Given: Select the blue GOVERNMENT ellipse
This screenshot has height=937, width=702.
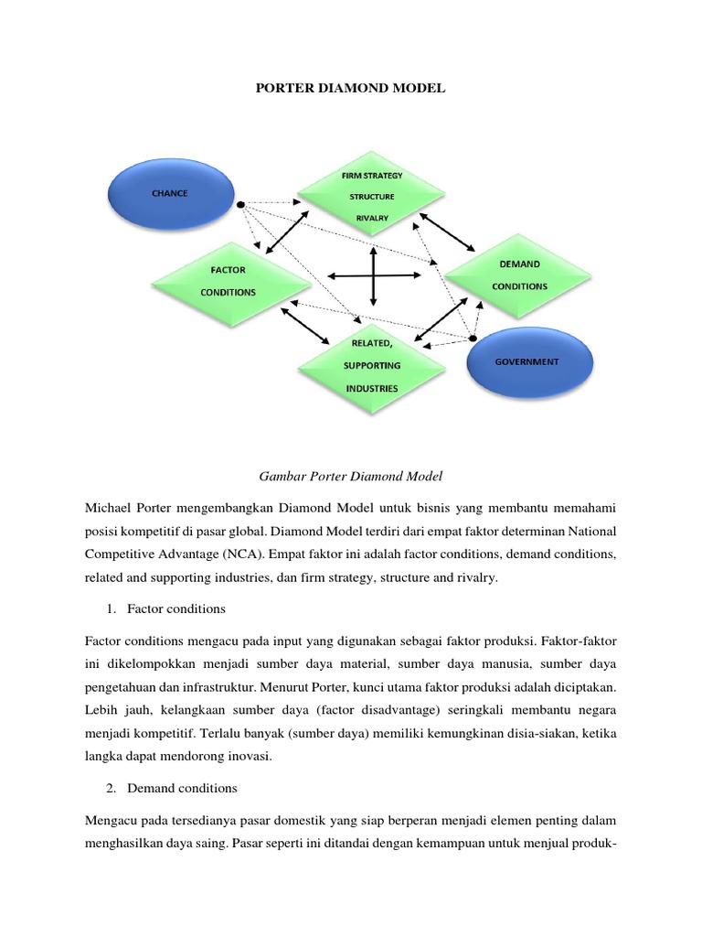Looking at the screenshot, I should (x=526, y=362).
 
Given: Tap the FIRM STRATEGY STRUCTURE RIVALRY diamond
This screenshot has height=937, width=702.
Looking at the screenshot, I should (x=372, y=196).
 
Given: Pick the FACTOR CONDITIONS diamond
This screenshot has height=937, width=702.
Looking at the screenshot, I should (x=228, y=282).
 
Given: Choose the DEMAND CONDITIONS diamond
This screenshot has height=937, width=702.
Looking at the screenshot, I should (x=519, y=275).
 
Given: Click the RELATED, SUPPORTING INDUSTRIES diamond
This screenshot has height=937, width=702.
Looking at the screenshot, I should (x=371, y=365).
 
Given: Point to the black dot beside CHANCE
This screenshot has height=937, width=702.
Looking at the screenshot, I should (x=240, y=204).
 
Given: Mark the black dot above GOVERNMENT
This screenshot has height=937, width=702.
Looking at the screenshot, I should (x=473, y=339).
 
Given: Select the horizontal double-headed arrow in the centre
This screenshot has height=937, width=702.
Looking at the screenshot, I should (x=373, y=275).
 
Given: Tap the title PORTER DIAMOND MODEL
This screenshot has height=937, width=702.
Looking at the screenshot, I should (x=350, y=89).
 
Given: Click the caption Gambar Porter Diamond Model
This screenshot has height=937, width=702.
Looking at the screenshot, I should (x=350, y=476).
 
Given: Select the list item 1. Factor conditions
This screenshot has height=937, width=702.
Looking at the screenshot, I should (x=176, y=609).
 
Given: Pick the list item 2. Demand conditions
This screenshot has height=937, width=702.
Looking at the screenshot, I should (x=182, y=788).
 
